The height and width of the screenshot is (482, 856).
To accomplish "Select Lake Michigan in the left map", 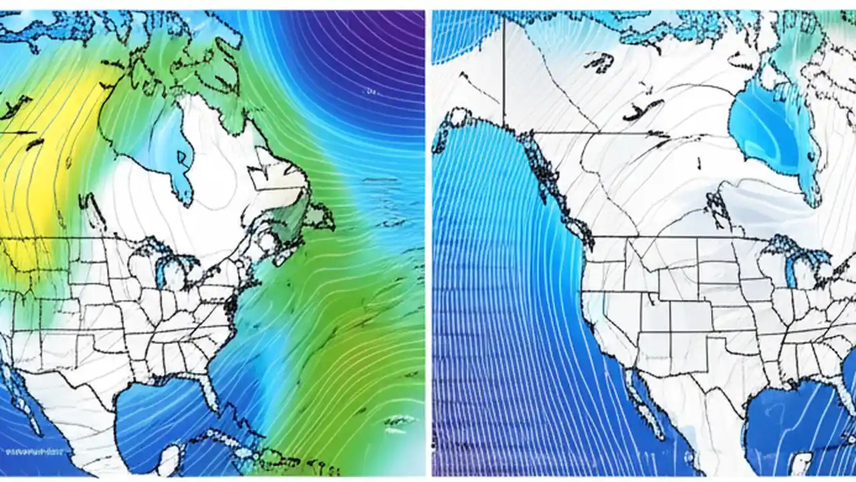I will pos(161,271).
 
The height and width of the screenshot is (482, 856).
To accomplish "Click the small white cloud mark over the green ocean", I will pos(399,421).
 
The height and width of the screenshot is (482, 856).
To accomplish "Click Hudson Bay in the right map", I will pos(769,127).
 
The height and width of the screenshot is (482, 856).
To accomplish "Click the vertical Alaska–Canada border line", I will pos(504,74).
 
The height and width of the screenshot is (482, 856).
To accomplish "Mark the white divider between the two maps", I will pos(428,241).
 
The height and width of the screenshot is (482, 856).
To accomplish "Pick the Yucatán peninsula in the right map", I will pos(802,462).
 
